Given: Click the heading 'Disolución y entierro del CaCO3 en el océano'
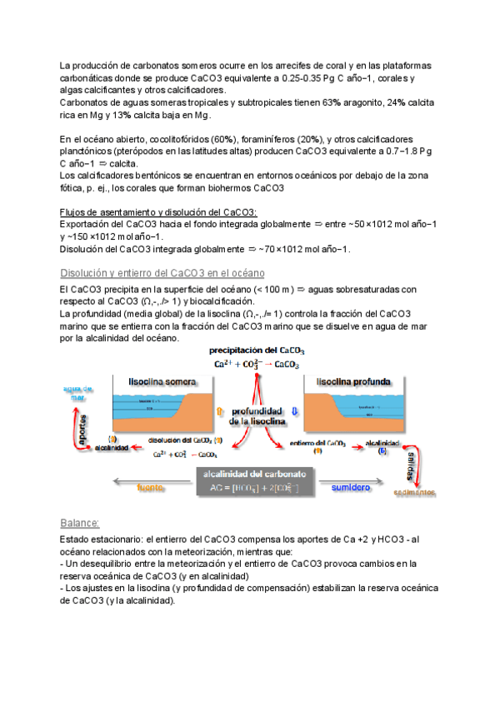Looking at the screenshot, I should (162, 274).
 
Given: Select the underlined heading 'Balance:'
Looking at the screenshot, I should (80, 523).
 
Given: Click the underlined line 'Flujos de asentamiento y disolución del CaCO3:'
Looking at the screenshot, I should (158, 211).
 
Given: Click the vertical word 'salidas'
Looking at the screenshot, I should (412, 467).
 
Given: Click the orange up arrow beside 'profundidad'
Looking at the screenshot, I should (219, 411).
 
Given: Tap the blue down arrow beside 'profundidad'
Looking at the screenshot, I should (294, 411).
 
